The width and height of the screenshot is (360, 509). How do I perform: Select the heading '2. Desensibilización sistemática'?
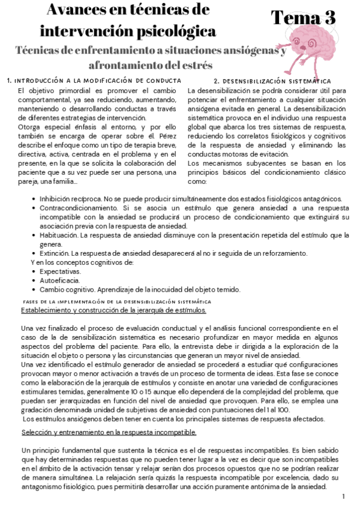272,80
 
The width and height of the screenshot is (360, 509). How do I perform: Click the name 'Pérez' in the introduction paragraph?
166,136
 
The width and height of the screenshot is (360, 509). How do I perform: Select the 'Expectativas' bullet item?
59,271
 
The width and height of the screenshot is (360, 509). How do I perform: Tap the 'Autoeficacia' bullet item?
59,280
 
